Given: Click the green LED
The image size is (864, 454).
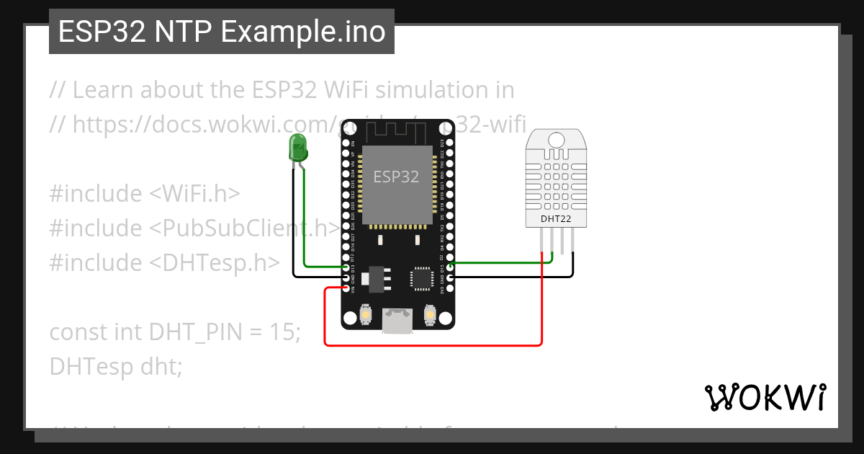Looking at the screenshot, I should point(297,148).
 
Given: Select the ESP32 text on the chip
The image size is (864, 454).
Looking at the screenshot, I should point(396,177).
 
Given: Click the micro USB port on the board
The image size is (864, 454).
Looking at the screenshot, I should point(397,320).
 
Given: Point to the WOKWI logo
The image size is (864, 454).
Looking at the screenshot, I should point(765,397).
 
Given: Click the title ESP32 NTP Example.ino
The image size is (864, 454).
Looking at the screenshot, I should point(222,32).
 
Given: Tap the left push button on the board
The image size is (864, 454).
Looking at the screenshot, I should point(365,315).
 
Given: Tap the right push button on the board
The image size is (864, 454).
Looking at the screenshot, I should point(430,315).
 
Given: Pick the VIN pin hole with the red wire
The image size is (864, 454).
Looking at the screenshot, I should point(346,288).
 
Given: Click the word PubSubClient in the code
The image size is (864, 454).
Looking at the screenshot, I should point(245,228).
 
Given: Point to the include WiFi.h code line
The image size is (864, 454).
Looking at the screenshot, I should point(145,194).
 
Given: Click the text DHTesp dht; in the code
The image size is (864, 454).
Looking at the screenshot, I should point(116,367).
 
